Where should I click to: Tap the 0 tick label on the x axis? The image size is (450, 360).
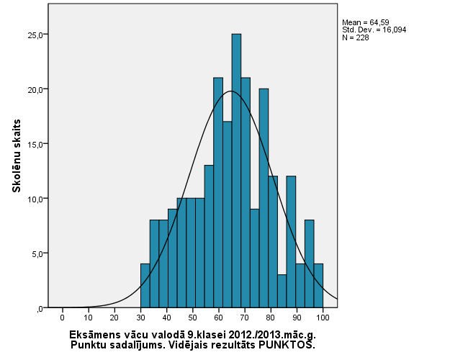63,317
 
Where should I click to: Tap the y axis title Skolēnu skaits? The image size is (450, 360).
15,156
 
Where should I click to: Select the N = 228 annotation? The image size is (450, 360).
355,37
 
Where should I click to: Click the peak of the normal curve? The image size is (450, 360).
230,91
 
